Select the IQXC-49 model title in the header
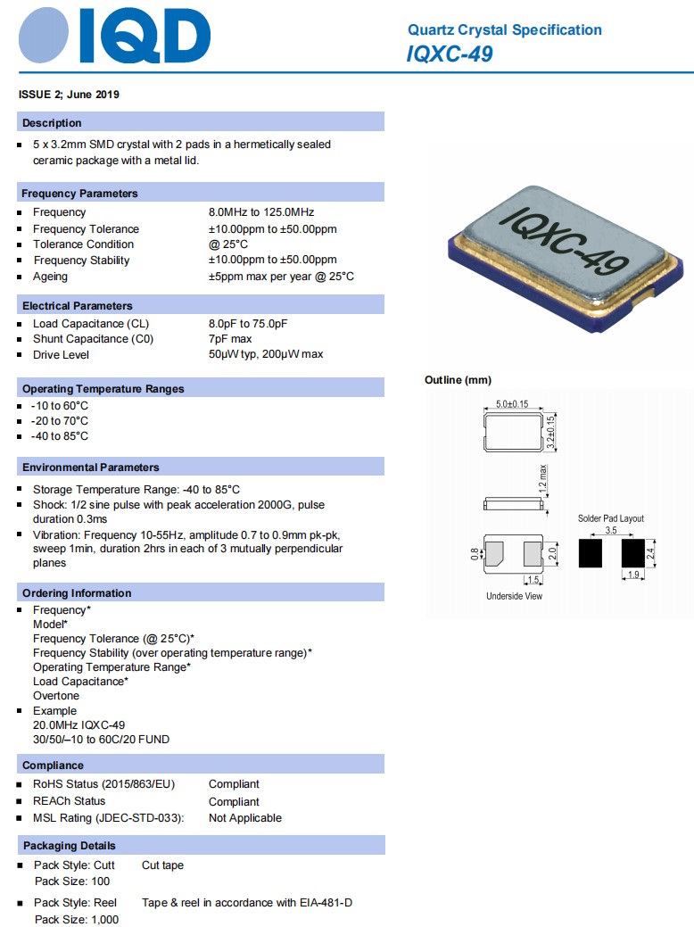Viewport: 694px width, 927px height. tap(449, 54)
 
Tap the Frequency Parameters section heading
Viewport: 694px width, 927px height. tap(79, 194)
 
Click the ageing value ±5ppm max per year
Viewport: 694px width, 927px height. tap(281, 277)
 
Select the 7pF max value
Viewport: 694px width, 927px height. tap(230, 339)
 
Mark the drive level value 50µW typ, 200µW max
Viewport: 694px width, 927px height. tap(266, 354)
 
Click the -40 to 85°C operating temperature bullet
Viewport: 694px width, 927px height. tap(59, 436)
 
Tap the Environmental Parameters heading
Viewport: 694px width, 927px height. tap(91, 468)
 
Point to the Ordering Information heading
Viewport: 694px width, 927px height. tap(77, 593)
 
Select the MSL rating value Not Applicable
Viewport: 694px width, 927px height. tap(244, 818)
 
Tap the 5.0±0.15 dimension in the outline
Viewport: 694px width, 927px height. tap(512, 404)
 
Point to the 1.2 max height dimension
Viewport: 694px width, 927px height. tap(543, 481)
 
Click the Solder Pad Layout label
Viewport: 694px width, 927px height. tap(610, 518)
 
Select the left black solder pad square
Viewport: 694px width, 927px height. tap(591, 552)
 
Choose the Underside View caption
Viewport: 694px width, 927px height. tap(514, 596)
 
